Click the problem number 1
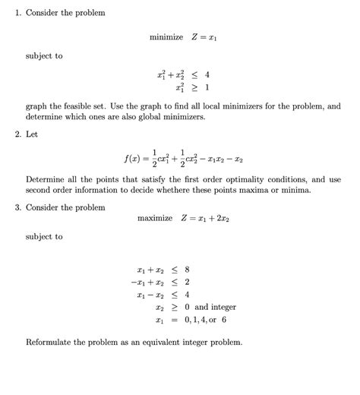(x=17, y=13)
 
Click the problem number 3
(x=17, y=207)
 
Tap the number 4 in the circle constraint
(x=207, y=74)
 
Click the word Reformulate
(x=55, y=342)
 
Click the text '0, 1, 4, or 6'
(x=205, y=320)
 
